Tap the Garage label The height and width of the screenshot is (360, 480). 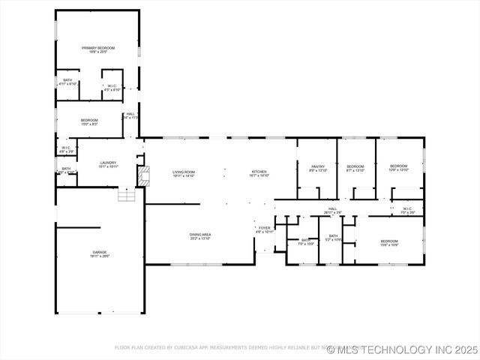(x=100, y=253)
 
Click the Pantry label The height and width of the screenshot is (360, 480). (x=318, y=168)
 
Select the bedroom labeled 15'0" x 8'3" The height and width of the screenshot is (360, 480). (x=89, y=122)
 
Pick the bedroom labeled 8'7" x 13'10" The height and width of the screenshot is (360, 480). (x=355, y=168)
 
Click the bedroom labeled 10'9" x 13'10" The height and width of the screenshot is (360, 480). (x=398, y=167)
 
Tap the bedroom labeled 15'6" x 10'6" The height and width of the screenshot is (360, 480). (x=388, y=243)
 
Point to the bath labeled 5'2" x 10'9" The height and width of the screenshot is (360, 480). (x=334, y=238)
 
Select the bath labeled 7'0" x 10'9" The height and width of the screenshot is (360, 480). (x=305, y=241)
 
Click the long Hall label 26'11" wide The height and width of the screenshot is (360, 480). (x=333, y=211)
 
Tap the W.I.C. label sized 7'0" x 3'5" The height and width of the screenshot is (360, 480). (x=407, y=211)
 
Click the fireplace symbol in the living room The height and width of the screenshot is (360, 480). (x=142, y=174)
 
